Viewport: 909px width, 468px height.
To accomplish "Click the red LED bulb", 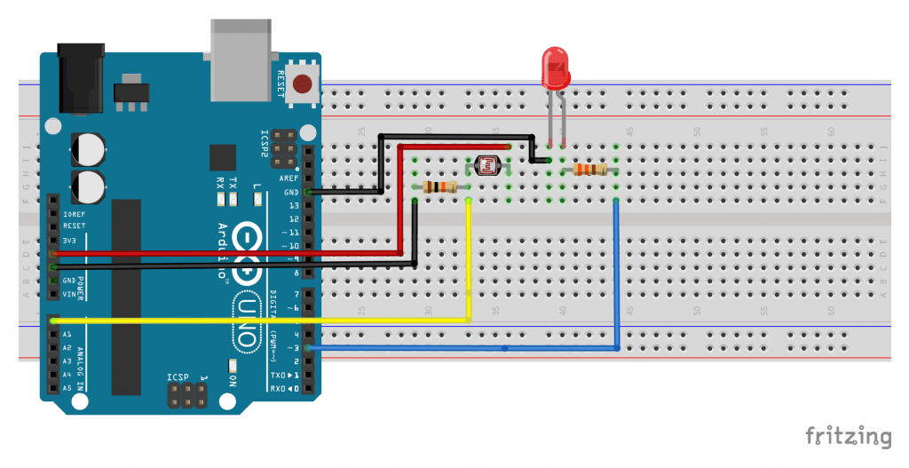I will (x=557, y=67).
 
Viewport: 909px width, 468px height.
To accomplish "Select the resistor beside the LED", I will (x=589, y=170).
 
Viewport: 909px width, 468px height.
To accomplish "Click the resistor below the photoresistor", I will (x=441, y=186).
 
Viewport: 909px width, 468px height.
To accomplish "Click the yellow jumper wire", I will (x=266, y=319).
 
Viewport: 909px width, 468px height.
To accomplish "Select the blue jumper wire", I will (x=462, y=348).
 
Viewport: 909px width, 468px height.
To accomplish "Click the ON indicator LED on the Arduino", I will (x=232, y=365).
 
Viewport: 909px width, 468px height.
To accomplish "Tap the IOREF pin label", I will (x=75, y=214).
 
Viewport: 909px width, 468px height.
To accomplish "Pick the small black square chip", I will (x=223, y=157).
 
